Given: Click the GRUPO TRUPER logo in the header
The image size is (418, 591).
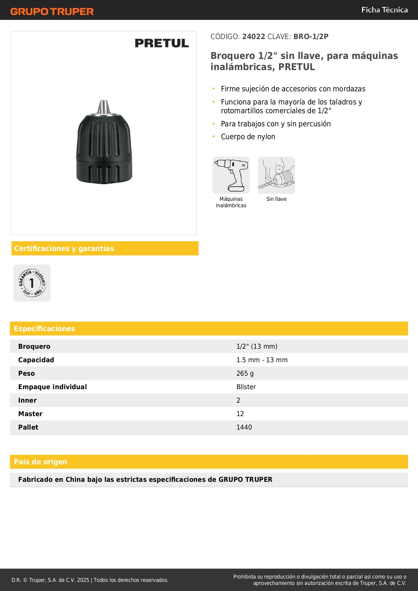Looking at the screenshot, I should point(52,11).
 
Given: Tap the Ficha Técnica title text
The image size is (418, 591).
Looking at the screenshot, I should point(384,10).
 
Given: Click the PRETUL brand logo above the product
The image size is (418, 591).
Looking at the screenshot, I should point(162,43).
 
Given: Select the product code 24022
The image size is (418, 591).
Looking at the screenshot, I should point(253,36).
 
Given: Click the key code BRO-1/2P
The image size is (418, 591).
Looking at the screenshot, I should point(311,36).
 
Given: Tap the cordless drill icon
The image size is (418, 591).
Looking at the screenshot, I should point(231,175).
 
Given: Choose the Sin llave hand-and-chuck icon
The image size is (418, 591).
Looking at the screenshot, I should point(276,175).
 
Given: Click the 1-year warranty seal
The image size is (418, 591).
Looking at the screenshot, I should point(32,283).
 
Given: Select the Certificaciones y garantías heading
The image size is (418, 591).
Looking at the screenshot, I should point(64,248).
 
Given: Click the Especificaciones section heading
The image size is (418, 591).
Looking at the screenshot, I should point(44,329).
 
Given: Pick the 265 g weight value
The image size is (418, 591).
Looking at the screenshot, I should point(245,373).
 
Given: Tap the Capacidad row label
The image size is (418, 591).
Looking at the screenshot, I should point(36,360).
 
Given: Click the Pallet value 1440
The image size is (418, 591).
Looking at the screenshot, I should point(244,427).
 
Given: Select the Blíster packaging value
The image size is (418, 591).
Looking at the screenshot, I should point(246,387).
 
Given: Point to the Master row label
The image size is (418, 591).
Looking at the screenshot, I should point(30,414).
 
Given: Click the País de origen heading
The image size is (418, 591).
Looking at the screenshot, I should point(40,462).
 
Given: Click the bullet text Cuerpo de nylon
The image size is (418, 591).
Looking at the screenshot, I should point(248,137).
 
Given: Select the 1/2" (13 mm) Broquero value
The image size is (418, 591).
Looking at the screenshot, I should point(257,346).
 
